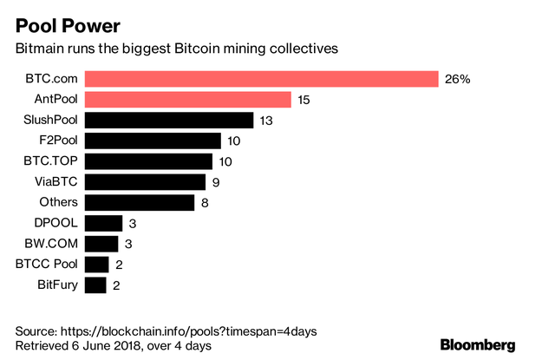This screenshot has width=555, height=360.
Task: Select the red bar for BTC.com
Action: pos(261,80)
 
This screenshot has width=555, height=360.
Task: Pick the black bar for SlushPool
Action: pos(170,121)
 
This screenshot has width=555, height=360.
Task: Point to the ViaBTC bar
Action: pos(146,181)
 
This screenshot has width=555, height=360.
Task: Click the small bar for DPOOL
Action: pos(104,223)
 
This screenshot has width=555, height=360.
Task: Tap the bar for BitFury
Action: pos(96,285)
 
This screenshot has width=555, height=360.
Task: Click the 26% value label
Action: pos(457,80)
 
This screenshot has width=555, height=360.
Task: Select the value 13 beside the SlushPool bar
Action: pos(266,121)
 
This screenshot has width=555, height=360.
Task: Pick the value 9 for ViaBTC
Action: pos(216,182)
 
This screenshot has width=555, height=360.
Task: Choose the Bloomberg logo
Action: pos(478,344)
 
